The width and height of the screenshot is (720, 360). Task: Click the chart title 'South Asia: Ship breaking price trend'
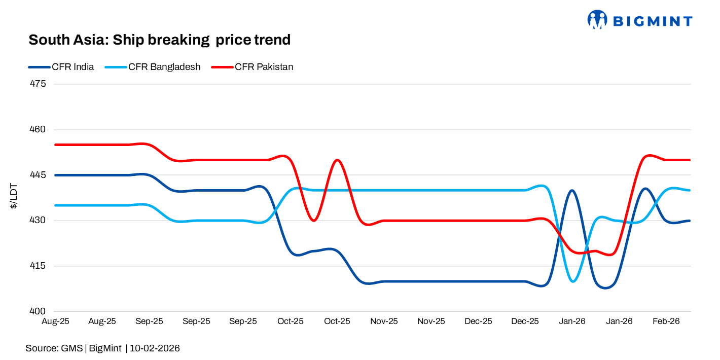tap(159, 40)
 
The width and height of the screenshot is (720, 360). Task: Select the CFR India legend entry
tap(73, 67)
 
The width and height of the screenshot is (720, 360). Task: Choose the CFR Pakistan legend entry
tap(264, 67)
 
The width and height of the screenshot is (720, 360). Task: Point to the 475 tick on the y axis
tap(39, 84)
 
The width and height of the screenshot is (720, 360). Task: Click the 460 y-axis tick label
tap(39, 129)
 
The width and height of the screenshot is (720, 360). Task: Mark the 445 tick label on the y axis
tap(39, 175)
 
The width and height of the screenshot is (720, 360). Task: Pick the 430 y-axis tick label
tap(39, 221)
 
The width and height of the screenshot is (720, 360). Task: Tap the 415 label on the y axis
tap(39, 266)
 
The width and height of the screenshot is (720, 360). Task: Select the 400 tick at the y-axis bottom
tap(39, 311)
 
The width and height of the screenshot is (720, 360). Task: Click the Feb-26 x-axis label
tap(666, 321)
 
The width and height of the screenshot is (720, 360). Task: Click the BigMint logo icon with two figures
tap(597, 20)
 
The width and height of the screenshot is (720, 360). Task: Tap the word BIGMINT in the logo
tap(652, 21)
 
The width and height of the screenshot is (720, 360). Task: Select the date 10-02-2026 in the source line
tap(155, 348)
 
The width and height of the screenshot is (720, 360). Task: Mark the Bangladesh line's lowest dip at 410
tap(573, 281)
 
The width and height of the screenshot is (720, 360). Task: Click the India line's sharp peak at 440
tap(572, 191)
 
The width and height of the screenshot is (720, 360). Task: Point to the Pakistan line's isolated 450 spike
tap(337, 160)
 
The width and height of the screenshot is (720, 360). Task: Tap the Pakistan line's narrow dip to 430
tap(314, 220)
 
